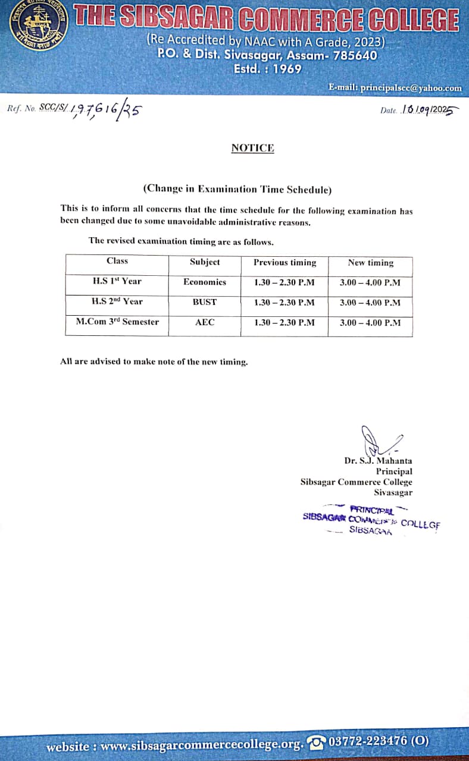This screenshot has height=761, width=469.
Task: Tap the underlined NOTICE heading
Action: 252,148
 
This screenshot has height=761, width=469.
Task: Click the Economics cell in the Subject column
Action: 205,282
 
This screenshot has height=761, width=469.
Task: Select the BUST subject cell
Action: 205,302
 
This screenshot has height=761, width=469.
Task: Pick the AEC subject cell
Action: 205,322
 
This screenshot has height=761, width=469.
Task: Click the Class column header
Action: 117,261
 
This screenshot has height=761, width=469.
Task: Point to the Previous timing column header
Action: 284,262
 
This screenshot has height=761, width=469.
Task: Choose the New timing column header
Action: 370,262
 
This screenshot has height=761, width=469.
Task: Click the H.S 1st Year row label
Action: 117,281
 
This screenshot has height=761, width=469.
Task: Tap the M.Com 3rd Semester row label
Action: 117,322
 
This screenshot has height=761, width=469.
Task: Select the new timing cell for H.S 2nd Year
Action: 370,302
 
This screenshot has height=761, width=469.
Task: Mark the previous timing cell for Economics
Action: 284,282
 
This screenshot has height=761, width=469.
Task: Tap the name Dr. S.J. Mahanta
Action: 378,460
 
